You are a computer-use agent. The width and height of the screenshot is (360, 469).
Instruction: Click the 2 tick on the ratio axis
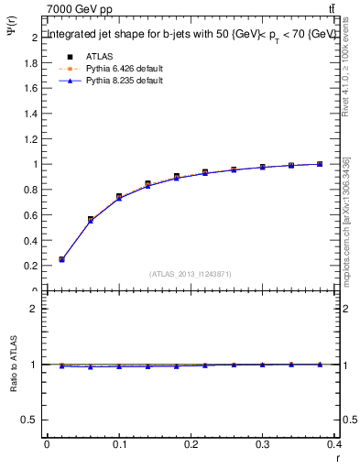point(34,309)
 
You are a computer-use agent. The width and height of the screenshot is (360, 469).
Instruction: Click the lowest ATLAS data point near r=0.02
point(61,259)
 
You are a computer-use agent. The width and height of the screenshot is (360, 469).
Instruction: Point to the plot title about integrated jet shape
point(191,34)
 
